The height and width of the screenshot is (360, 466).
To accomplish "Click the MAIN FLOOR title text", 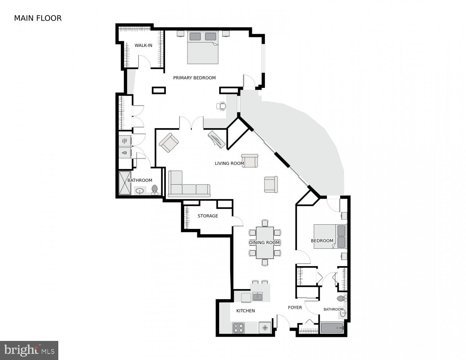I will click(x=38, y=18).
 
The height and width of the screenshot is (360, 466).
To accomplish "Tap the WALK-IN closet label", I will click(x=143, y=45).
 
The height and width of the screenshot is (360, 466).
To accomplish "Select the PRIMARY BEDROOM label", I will click(x=194, y=78).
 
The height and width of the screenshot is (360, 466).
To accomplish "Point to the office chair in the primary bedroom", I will click(x=222, y=106).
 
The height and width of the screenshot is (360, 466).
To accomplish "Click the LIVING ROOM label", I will click(x=229, y=163).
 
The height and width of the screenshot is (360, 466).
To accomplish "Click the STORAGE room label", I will click(x=208, y=216).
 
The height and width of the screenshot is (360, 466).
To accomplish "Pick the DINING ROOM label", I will click(x=264, y=243).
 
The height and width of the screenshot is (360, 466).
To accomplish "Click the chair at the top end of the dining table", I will click(x=265, y=223).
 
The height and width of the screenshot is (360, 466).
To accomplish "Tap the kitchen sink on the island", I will click(x=258, y=297).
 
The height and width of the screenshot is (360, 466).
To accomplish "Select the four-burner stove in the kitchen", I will click(x=238, y=328).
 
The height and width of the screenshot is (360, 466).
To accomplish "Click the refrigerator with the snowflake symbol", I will click(x=264, y=328).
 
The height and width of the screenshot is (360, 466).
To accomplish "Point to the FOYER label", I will click(x=295, y=307).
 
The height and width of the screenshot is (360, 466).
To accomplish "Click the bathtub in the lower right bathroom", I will click(x=332, y=328).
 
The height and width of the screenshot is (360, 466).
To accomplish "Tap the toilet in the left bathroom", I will click(x=155, y=189).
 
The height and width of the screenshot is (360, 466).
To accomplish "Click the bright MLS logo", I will click(x=29, y=350).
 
